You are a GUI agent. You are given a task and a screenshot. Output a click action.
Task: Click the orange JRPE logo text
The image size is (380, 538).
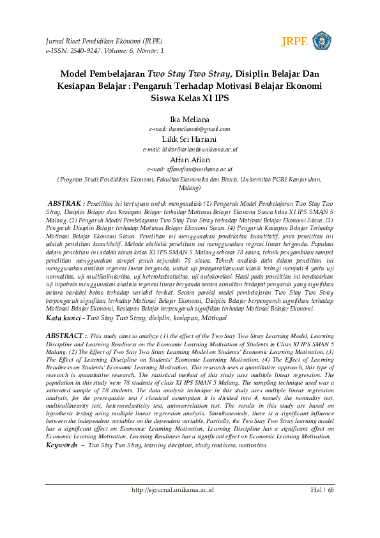point(294,42)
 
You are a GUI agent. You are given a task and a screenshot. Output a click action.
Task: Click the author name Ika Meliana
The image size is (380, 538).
point(190,119)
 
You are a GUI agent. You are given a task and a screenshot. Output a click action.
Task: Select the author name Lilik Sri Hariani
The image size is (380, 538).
point(190,139)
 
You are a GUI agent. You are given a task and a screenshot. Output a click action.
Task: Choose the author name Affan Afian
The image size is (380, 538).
point(190,159)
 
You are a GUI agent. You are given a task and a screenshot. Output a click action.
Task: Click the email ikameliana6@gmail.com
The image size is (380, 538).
point(190,129)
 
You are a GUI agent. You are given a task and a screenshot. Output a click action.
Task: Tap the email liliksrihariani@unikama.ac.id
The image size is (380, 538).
point(190,149)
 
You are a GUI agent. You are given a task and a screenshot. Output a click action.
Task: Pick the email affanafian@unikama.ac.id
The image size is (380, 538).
point(190,169)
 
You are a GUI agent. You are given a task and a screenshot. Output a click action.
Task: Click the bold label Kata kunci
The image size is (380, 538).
point(64,318)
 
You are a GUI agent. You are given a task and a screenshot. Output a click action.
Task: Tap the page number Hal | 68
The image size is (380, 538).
point(323,490)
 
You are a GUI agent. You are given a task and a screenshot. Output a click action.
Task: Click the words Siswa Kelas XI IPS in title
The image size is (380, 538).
point(190,99)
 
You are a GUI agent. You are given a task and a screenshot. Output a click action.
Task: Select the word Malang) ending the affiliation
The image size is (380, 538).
point(190,189)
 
